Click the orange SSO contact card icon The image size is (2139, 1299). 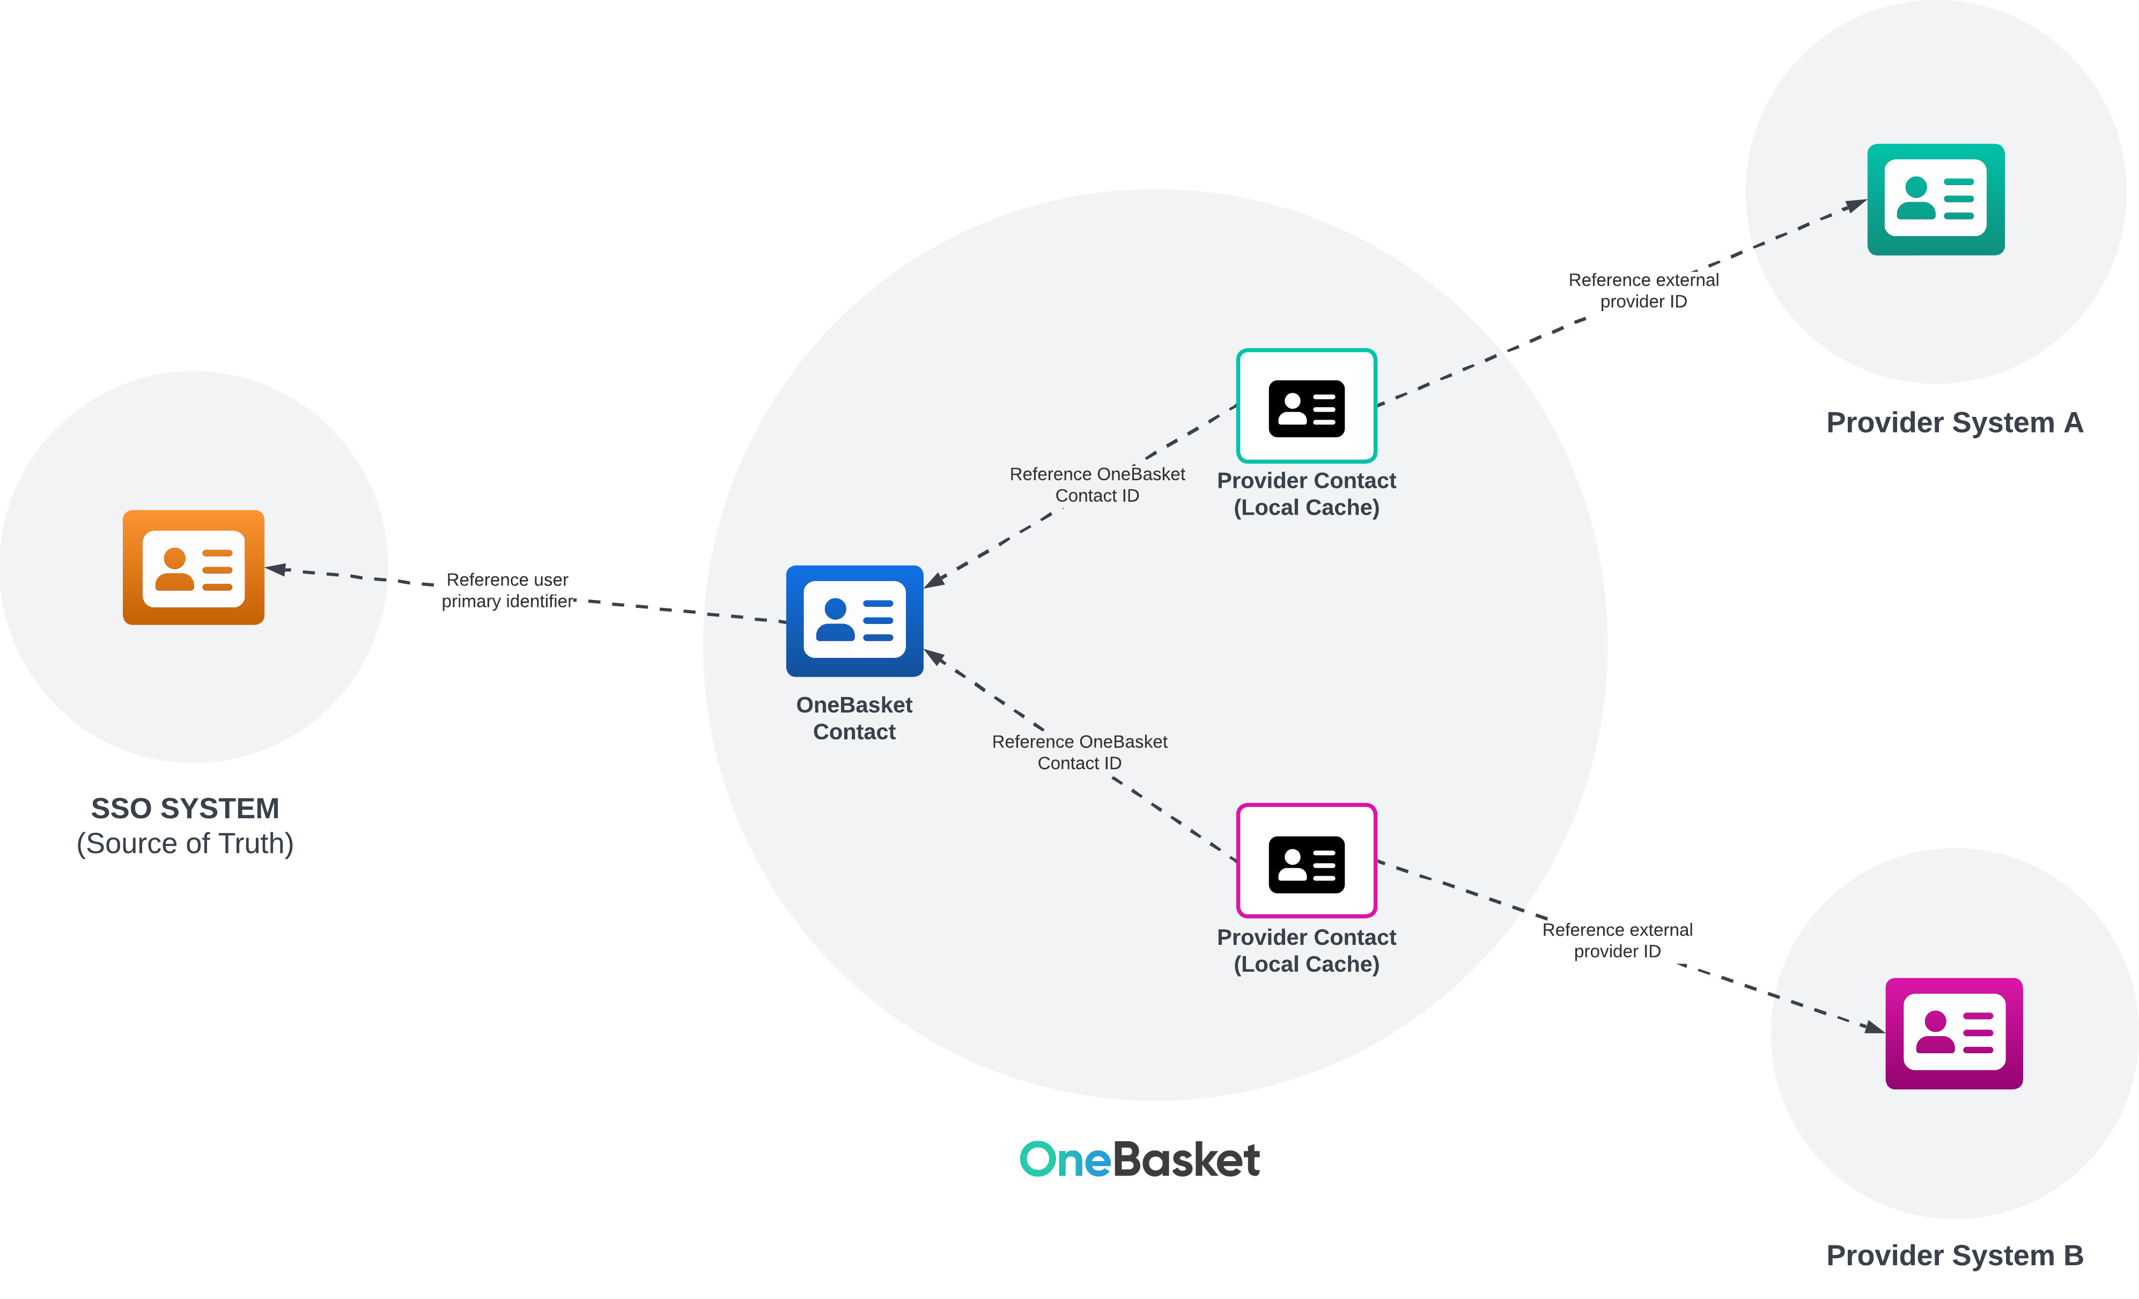click(x=194, y=567)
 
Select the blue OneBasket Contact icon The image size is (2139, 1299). click(x=854, y=621)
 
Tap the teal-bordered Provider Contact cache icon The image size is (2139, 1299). click(x=1307, y=406)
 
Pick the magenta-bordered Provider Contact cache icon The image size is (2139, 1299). click(x=1307, y=861)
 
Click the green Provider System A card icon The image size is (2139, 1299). click(x=1936, y=199)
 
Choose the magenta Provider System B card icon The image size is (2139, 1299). click(x=1954, y=1033)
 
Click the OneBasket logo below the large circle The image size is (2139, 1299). click(x=1139, y=1160)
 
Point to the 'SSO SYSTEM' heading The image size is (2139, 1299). click(x=185, y=809)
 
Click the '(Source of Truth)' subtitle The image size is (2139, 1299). click(x=185, y=843)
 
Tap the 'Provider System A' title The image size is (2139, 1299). click(x=1954, y=423)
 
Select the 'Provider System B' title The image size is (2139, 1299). click(x=1954, y=1256)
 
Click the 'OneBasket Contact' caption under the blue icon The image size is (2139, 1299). click(x=854, y=718)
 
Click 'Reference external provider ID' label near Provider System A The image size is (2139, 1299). click(x=1643, y=291)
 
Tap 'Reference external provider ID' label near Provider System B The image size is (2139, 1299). click(x=1617, y=941)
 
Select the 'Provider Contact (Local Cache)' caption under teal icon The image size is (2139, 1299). click(x=1307, y=494)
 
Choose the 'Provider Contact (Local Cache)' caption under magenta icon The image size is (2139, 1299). click(x=1307, y=951)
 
